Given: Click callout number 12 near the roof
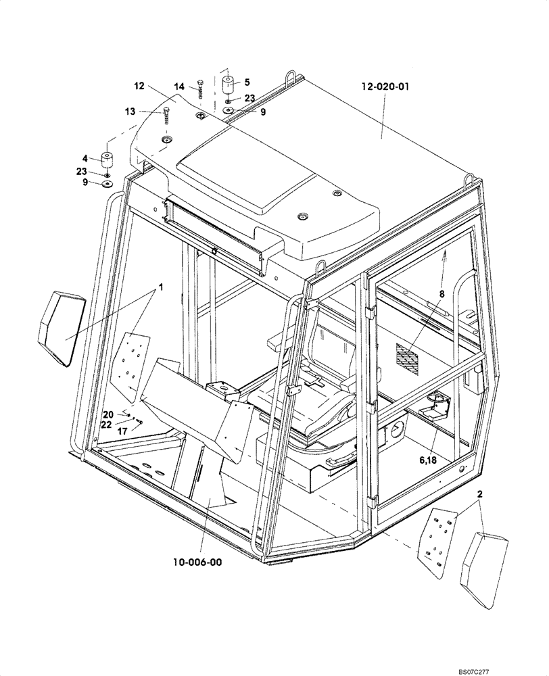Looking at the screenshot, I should click(139, 86).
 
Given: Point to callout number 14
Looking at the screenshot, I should click(179, 87).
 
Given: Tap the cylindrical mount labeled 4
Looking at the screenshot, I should click(106, 160).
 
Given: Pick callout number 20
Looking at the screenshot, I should click(108, 414).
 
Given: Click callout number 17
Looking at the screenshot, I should click(122, 430).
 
